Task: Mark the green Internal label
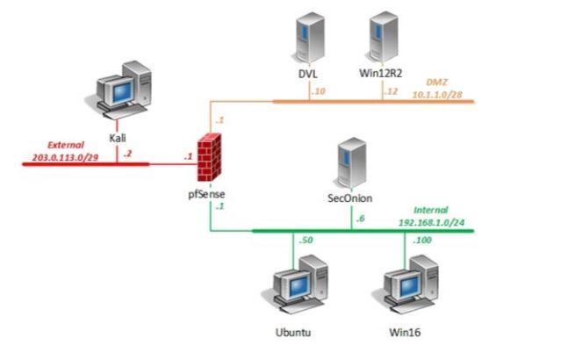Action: coord(431,211)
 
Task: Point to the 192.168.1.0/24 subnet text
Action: coord(435,223)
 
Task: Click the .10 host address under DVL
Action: coord(319,91)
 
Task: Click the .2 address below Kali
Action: coord(127,154)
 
